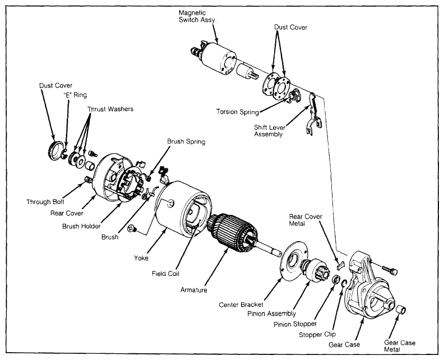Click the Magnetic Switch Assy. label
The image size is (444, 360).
[x=197, y=16]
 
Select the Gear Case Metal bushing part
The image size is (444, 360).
[x=401, y=310]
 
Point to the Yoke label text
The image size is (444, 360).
[x=141, y=258]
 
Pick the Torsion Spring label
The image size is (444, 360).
[x=238, y=112]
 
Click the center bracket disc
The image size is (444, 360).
[x=295, y=261]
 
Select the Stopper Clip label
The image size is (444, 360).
[x=317, y=335]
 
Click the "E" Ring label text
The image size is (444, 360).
[x=75, y=95]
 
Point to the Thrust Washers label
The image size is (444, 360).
[x=110, y=109]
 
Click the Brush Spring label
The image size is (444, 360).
[x=186, y=141]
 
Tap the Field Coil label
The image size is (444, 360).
[x=165, y=274]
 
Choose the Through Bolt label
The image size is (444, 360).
[x=45, y=202]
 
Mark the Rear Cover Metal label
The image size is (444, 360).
[x=305, y=220]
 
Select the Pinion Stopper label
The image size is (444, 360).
[x=295, y=324]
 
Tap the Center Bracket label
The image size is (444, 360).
[x=241, y=305]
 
